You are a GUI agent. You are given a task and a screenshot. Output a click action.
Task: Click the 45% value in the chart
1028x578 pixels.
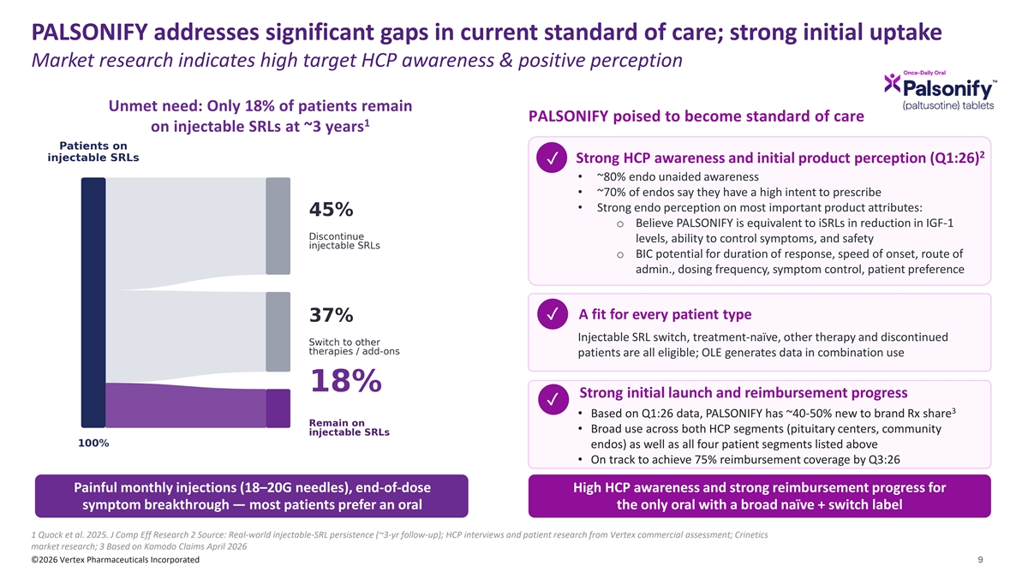331,210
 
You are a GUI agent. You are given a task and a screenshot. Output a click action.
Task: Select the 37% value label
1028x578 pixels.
331,315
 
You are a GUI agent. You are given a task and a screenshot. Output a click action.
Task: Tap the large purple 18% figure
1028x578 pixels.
346,381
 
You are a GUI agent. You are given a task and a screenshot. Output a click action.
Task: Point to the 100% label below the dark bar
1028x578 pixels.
93,444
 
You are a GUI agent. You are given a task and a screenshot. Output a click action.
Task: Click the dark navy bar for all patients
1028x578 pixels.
93,303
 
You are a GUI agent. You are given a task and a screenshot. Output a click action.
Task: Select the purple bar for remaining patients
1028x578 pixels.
278,408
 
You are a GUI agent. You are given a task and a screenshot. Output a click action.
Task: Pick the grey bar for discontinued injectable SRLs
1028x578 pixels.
278,226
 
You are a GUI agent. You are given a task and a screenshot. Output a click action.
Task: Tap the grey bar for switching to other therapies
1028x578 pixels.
278,331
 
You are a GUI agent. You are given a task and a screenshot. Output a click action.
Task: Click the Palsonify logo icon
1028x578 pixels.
892,84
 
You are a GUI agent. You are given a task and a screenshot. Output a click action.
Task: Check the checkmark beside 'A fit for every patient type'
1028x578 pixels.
553,314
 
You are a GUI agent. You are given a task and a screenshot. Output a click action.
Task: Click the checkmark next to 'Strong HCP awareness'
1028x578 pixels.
552,158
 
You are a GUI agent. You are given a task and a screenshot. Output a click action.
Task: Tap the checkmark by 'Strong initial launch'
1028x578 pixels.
553,400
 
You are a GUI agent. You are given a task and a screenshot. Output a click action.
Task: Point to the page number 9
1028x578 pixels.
981,560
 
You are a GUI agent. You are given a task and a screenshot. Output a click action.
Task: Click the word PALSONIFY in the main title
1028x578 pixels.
89,33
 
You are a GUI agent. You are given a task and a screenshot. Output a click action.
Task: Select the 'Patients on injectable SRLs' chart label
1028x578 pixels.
93,152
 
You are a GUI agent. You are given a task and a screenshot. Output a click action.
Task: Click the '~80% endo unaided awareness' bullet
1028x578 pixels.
678,177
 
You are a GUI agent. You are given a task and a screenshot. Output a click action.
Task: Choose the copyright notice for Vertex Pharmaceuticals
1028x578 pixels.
115,560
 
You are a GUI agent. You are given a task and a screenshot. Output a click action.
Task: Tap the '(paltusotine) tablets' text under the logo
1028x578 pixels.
948,105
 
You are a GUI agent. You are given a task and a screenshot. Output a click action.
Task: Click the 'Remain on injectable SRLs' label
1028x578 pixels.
350,427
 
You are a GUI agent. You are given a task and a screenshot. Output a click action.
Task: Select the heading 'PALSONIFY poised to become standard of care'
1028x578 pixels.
696,116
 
